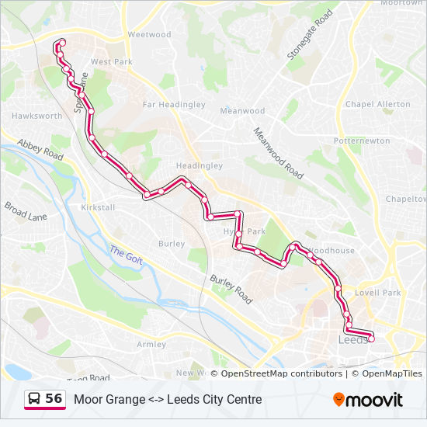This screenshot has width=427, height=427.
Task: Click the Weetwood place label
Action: (149, 35)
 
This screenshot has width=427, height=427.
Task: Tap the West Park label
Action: (112, 61)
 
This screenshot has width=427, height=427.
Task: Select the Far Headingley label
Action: (174, 105)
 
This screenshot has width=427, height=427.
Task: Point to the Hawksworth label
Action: (37, 116)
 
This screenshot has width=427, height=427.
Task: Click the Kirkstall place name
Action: (98, 208)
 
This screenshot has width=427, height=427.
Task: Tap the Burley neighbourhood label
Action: (172, 244)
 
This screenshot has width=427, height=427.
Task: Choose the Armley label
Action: (151, 344)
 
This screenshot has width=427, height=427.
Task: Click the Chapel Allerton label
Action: (378, 104)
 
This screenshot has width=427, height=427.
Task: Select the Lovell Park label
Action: (377, 293)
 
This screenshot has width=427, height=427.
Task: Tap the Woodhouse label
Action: (332, 251)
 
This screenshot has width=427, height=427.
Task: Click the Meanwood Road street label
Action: (277, 153)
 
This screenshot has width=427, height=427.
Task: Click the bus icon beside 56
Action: (35, 399)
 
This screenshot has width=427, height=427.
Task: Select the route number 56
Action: (54, 399)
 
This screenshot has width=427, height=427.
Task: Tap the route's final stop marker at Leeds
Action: (371, 338)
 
